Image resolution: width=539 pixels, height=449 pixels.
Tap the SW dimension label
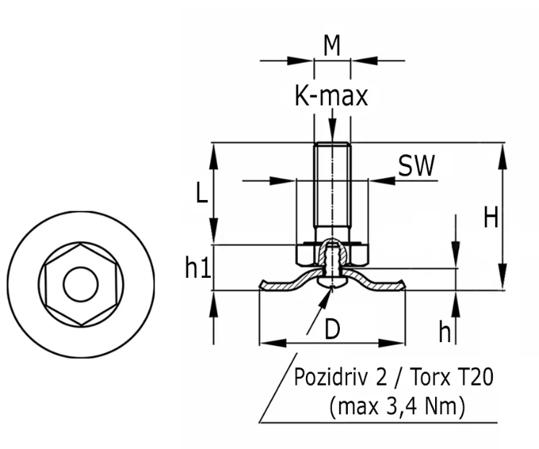(x=417, y=167)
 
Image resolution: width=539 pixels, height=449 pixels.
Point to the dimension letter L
(x=202, y=192)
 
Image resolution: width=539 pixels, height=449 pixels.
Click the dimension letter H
(x=491, y=217)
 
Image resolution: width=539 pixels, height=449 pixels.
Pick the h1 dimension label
(x=198, y=269)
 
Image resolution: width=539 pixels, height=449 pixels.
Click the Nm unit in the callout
(x=444, y=406)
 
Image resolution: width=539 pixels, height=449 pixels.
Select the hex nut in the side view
(x=307, y=255)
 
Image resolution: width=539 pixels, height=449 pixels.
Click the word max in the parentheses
(x=356, y=406)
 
